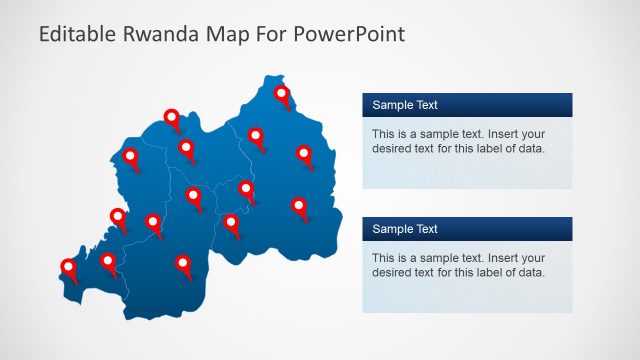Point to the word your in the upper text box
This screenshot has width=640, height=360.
(x=533, y=133)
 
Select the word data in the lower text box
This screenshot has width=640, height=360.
(x=530, y=273)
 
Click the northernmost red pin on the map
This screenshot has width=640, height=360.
(x=282, y=95)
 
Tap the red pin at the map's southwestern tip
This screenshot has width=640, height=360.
(x=69, y=266)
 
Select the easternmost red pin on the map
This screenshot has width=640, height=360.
(x=304, y=154)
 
